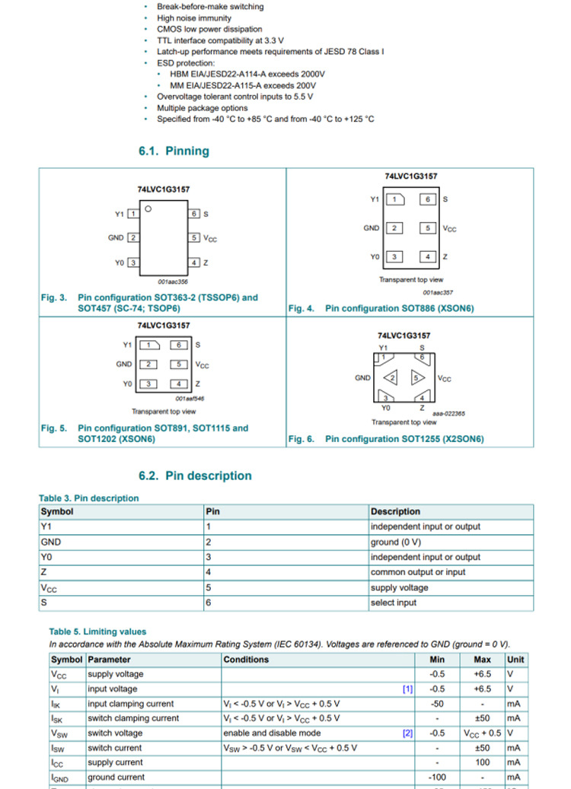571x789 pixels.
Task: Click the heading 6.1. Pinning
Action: (174, 151)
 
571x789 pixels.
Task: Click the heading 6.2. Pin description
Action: (195, 476)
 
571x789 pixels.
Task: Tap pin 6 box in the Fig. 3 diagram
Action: (195, 214)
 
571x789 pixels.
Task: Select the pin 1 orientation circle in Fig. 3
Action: (149, 208)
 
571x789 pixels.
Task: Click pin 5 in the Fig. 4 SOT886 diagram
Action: (429, 227)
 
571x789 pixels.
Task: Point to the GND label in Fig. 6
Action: (363, 377)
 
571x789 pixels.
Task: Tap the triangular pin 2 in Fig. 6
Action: (391, 377)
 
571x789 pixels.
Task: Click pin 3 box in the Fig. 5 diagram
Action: (151, 383)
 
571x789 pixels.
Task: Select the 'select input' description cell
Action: (394, 603)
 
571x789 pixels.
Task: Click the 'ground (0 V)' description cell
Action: (395, 542)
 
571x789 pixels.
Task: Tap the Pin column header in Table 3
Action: (213, 511)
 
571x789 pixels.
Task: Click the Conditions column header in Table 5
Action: (246, 660)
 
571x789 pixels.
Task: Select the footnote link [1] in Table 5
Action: (407, 689)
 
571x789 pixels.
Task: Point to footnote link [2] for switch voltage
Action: (407, 733)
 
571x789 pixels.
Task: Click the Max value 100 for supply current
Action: (482, 762)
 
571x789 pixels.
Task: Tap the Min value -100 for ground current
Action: (437, 778)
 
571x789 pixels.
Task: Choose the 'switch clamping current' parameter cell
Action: (133, 718)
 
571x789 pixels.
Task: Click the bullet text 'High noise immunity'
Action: (194, 17)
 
